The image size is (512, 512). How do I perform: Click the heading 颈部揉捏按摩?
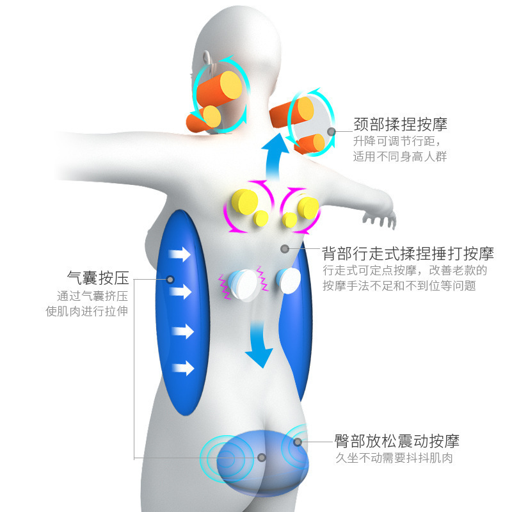(x=400, y=124)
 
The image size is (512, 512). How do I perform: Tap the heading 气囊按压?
(x=98, y=278)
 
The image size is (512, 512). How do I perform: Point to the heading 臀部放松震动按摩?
(x=397, y=441)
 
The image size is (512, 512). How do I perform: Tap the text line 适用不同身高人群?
(x=400, y=156)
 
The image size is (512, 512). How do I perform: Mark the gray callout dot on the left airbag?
(x=170, y=279)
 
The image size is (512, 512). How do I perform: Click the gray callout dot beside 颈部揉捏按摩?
(x=332, y=132)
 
